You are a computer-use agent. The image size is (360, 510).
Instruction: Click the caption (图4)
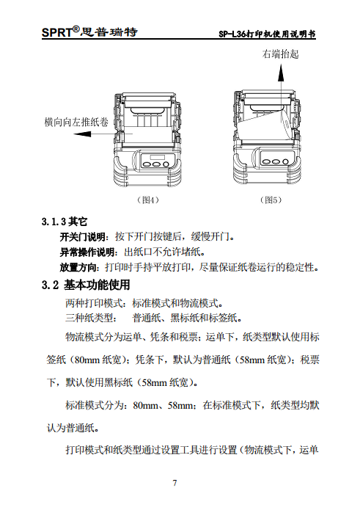coord(150,200)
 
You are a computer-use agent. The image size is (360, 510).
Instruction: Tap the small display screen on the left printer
coord(154,156)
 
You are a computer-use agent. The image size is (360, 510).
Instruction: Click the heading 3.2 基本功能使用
coord(87,285)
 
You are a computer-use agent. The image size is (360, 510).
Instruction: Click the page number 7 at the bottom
coord(175,482)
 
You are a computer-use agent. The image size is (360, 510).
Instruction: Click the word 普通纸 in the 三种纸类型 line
coord(146,318)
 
